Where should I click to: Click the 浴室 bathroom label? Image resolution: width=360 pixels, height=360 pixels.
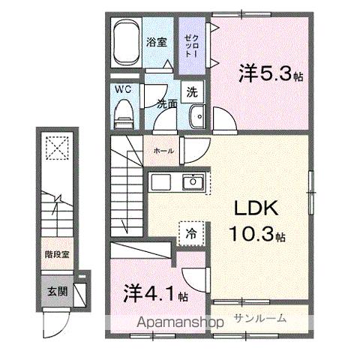coord(157,41)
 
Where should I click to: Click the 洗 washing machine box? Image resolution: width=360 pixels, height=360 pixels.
coord(192,93)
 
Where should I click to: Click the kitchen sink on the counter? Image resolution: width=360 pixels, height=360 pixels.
coord(193,181)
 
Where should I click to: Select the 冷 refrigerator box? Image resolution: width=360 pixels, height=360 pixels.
coord(190,233)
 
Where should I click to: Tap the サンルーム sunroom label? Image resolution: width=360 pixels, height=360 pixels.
coord(260,317)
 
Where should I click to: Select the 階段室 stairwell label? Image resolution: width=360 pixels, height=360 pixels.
coord(52,254)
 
